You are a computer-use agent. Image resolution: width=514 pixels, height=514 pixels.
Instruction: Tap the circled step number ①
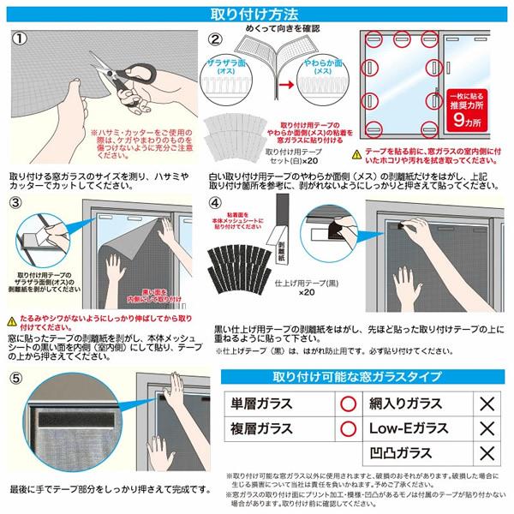[21, 39]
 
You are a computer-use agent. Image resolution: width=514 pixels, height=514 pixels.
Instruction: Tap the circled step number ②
[215, 39]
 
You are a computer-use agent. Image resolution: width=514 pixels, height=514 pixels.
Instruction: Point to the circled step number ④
[215, 204]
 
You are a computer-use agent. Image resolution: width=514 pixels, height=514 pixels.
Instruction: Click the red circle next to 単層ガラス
[349, 403]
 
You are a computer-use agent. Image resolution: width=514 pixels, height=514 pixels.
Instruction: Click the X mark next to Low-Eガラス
[486, 427]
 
